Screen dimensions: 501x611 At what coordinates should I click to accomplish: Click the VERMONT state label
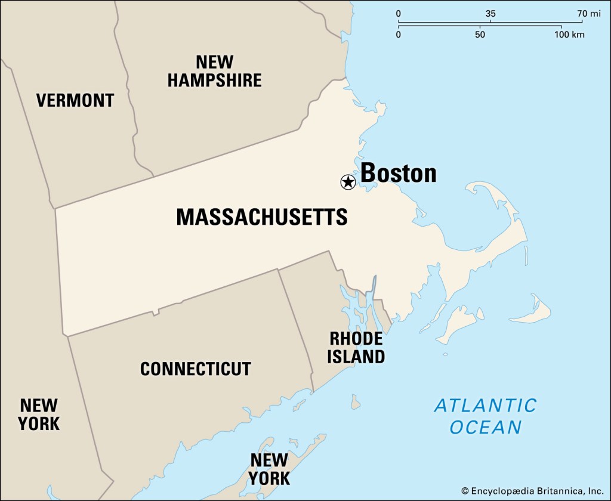[x=75, y=100]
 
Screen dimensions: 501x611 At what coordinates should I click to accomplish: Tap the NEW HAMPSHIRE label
[x=214, y=71]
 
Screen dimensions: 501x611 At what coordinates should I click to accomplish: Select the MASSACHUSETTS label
[x=261, y=217]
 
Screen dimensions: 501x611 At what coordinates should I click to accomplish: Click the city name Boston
[x=399, y=173]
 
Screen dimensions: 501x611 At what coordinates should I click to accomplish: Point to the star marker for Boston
[x=348, y=182]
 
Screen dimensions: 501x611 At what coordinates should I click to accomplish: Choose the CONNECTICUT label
[x=196, y=369]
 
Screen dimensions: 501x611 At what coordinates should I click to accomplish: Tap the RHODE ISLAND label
[x=357, y=348]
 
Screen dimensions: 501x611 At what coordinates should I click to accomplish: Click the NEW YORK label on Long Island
[x=270, y=469]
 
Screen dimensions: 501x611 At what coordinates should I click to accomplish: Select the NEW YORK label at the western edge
[x=39, y=415]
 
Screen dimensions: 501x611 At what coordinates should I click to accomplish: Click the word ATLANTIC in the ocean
[x=485, y=406]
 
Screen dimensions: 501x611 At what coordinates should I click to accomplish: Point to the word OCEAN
[x=486, y=428]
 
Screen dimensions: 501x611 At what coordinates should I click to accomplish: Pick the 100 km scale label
[x=570, y=35]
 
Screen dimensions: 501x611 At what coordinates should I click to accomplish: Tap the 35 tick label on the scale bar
[x=490, y=14]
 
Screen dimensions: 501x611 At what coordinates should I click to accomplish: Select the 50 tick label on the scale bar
[x=480, y=35]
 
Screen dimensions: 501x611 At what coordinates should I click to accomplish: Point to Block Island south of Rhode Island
[x=355, y=402]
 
